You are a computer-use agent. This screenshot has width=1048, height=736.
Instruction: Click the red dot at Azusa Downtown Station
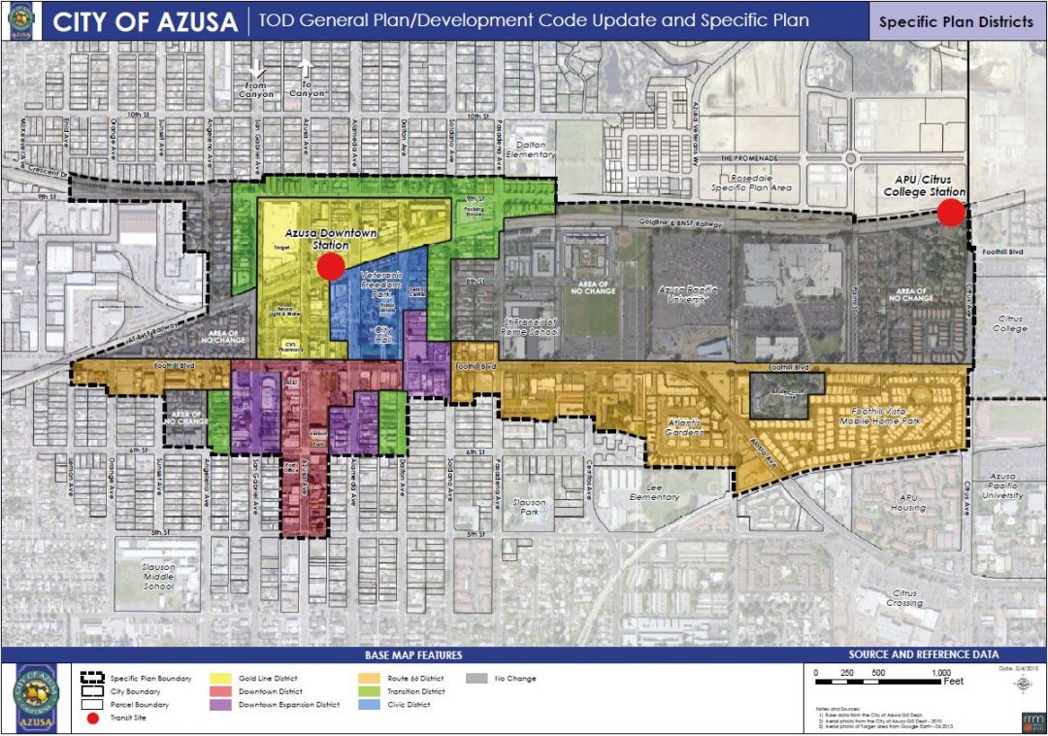click(x=331, y=268)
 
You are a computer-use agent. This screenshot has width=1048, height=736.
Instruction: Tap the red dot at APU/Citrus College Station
click(x=951, y=213)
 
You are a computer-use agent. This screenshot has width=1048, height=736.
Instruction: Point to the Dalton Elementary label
click(x=531, y=149)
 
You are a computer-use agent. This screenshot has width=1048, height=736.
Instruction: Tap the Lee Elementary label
click(x=654, y=491)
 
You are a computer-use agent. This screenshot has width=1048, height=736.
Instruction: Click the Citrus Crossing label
click(x=904, y=597)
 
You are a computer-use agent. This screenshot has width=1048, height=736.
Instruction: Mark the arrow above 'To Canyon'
click(x=306, y=68)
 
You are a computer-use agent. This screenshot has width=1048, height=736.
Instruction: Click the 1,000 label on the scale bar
click(x=941, y=673)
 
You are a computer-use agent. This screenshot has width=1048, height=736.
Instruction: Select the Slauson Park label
click(x=530, y=508)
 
